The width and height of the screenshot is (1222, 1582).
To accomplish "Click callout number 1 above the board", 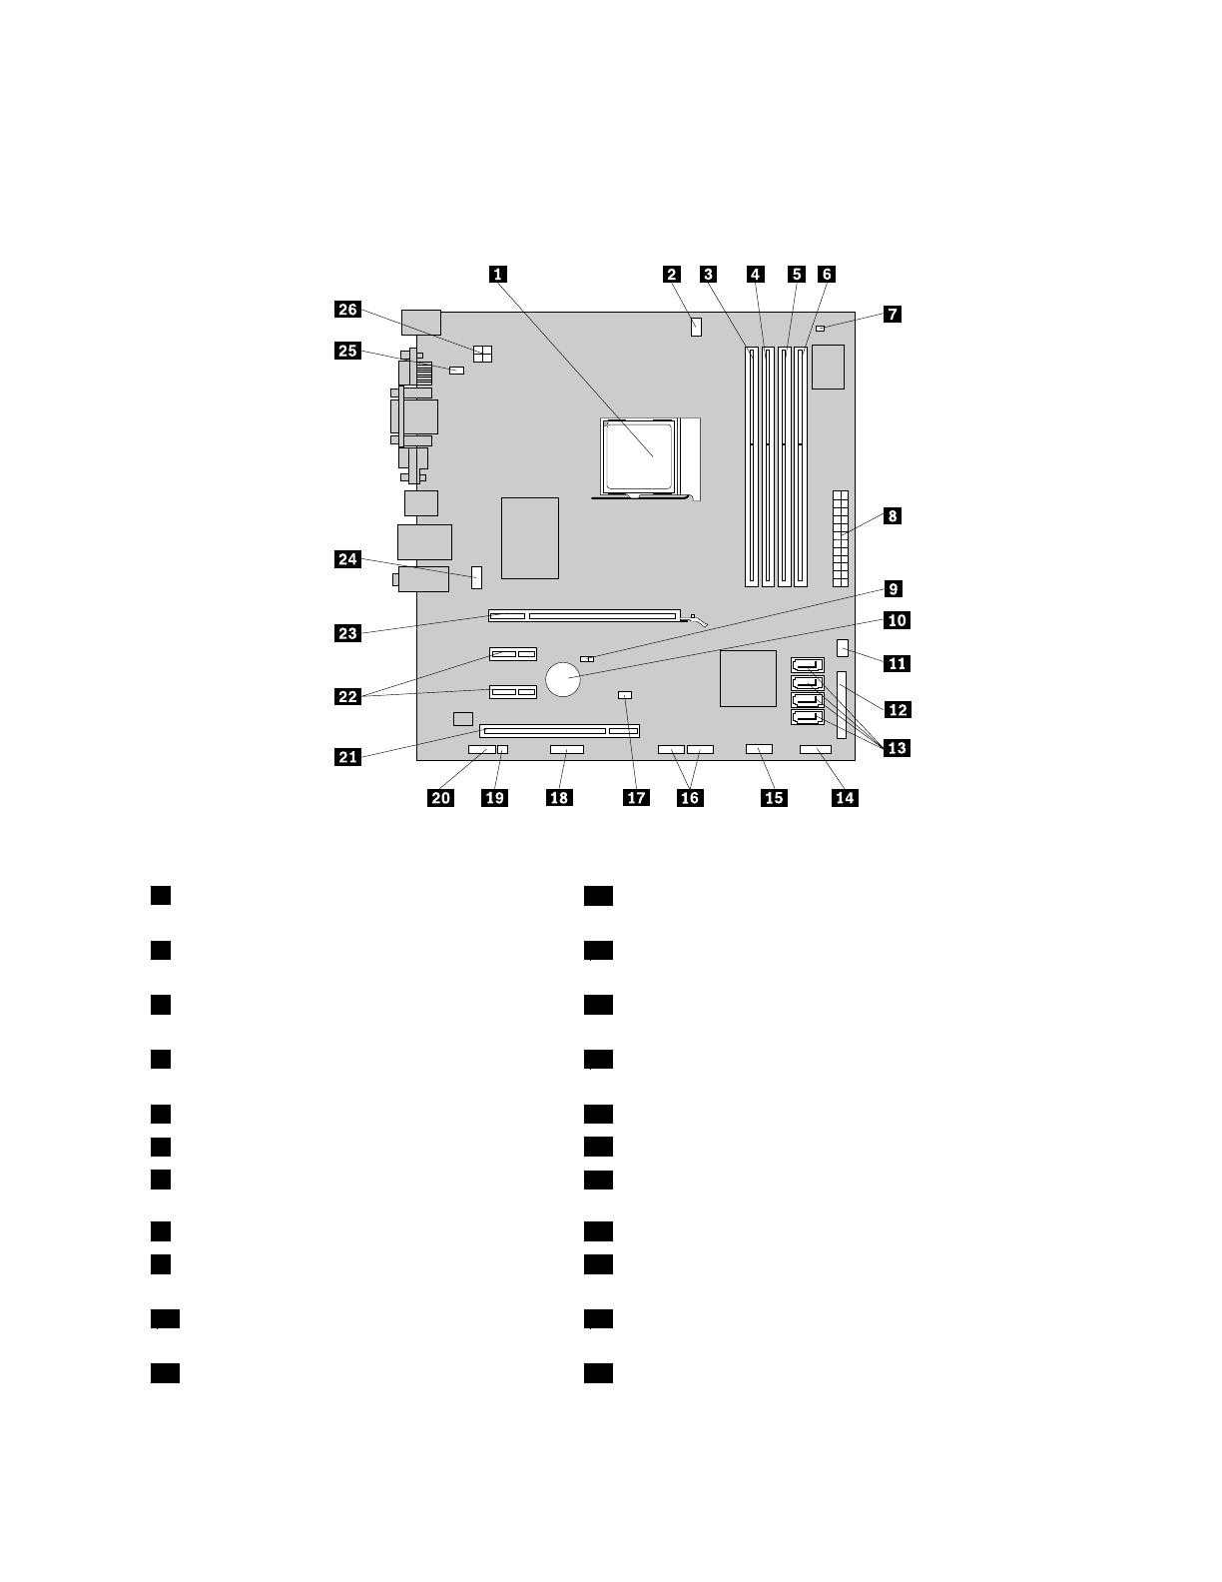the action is click(x=497, y=274).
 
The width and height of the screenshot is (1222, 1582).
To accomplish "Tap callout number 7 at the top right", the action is click(x=893, y=314).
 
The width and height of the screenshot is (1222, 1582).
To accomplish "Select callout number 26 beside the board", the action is click(x=347, y=310).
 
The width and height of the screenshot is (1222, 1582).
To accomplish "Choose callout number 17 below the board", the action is click(x=636, y=797).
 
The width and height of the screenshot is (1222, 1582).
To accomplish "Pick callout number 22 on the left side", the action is click(x=347, y=696).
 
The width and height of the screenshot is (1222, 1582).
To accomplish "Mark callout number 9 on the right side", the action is click(x=893, y=589).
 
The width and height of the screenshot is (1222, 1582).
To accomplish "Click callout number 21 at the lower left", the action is click(x=347, y=757).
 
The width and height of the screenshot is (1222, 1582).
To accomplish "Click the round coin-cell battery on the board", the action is click(x=564, y=681).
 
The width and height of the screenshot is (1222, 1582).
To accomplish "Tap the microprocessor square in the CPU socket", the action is click(x=641, y=454).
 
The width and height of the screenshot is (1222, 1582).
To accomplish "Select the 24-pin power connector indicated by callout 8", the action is click(x=841, y=538).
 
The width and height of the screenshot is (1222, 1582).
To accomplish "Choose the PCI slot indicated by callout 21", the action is click(x=560, y=731).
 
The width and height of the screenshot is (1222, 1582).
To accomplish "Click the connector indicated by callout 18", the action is click(x=566, y=749).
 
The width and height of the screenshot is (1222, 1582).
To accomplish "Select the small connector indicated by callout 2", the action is click(x=696, y=327).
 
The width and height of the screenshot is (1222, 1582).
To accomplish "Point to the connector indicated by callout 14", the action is click(x=816, y=749).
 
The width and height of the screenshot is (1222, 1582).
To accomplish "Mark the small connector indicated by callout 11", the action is click(x=844, y=649).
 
